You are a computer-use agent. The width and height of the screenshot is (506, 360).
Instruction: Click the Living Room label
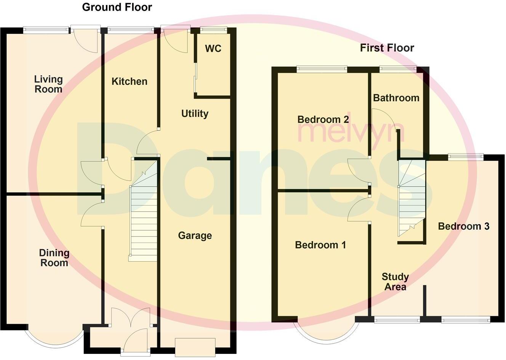point(48,84)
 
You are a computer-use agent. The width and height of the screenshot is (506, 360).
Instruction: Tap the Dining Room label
point(54,258)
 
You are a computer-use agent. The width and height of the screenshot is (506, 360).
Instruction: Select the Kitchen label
point(129,81)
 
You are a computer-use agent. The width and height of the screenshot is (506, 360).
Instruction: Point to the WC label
point(213,49)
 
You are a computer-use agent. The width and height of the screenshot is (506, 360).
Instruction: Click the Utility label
point(195,114)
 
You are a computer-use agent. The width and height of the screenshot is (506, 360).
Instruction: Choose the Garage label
point(195,236)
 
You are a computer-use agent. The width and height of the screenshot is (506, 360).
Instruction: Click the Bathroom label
point(396,98)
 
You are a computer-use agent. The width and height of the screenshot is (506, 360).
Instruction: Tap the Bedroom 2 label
point(323,119)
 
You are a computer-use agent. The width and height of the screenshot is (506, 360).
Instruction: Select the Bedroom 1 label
point(320,245)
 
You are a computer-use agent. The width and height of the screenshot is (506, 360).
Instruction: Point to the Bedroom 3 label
point(463,227)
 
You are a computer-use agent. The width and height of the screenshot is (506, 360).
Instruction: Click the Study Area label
point(395,282)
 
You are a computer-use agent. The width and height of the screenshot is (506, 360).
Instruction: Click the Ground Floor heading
point(117,7)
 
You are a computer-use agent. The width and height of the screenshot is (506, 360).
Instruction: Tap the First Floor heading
point(387,48)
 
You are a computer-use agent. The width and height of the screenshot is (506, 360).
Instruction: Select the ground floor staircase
point(144,214)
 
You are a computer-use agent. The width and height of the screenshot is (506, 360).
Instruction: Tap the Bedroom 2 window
point(322,69)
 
